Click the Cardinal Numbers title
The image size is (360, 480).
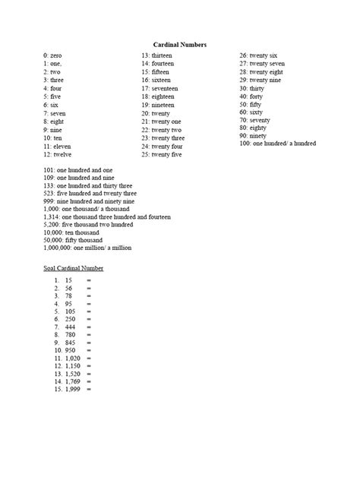tap(179, 45)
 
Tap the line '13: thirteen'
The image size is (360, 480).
tap(157, 55)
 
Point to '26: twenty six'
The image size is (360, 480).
tap(259, 55)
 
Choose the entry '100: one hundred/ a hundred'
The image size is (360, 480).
tap(278, 143)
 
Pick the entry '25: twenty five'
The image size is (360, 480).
tap(163, 154)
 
